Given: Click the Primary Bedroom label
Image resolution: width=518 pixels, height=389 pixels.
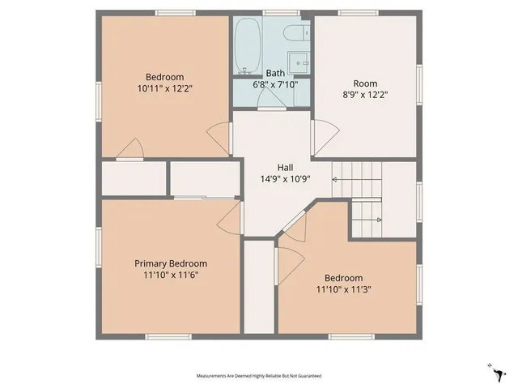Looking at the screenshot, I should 170,263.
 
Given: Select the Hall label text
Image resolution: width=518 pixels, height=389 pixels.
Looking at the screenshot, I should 274,167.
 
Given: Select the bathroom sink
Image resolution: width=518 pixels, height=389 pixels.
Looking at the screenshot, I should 300,62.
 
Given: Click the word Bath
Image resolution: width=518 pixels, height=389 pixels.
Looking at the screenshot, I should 276,73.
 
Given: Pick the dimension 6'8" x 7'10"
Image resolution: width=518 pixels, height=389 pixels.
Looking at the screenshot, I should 276,83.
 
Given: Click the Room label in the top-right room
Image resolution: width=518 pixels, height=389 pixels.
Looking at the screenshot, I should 365,83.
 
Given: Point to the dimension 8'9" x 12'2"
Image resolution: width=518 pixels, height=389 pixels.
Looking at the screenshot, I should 365,94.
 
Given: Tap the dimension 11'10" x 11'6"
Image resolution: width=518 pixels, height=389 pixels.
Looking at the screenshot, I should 170,275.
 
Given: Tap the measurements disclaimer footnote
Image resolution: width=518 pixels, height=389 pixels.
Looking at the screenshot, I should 259,375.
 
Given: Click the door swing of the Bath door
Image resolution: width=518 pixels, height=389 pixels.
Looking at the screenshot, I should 270,98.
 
